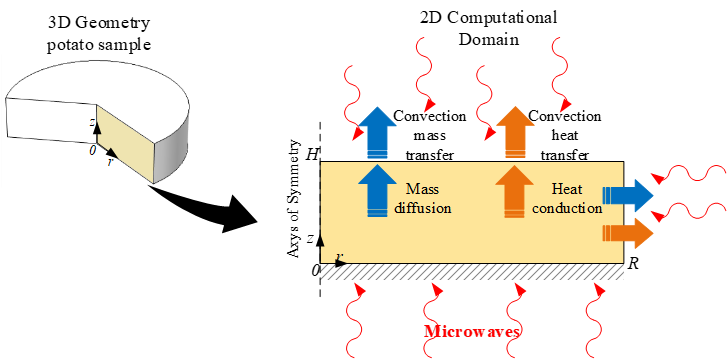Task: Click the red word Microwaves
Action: click(x=474, y=331)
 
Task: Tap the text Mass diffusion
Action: click(x=427, y=199)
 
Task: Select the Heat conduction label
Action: click(x=574, y=199)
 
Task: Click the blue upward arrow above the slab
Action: click(x=378, y=131)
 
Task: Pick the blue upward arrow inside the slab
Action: click(x=378, y=190)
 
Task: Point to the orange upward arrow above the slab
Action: click(x=516, y=131)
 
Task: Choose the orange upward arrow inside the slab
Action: click(x=516, y=190)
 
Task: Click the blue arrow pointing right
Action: click(x=628, y=193)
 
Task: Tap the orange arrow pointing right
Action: click(x=628, y=234)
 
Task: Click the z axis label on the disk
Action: click(x=92, y=121)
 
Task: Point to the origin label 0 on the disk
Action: click(x=91, y=150)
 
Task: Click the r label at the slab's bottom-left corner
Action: click(x=339, y=258)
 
